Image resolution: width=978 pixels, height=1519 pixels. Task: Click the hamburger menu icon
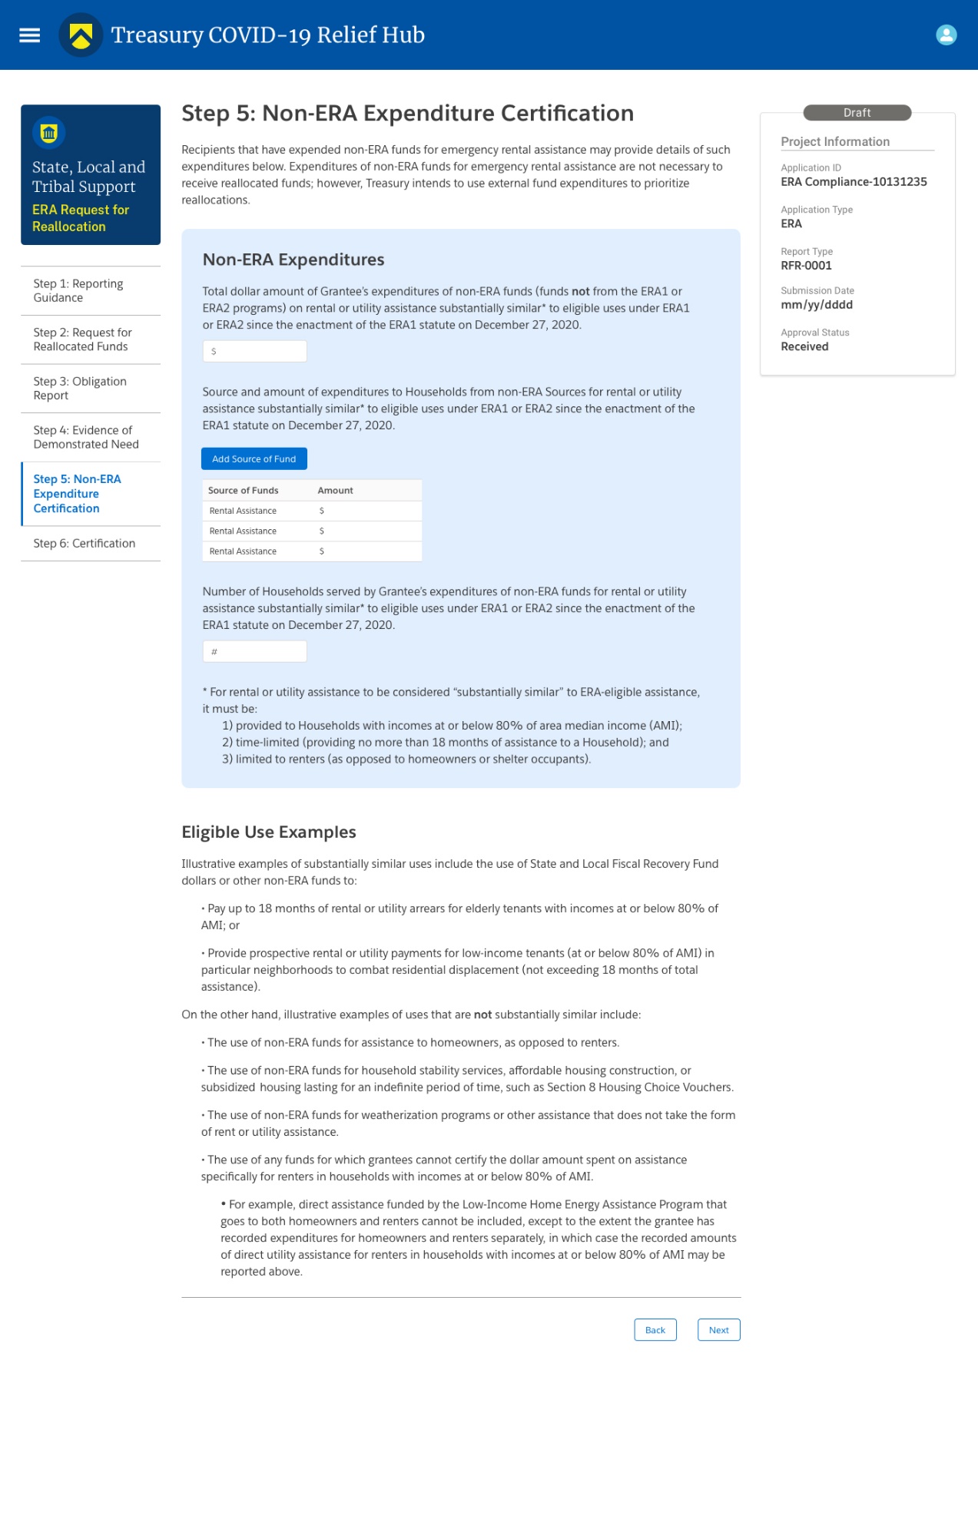(x=29, y=35)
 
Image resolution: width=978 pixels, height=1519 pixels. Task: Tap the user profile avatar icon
(x=946, y=35)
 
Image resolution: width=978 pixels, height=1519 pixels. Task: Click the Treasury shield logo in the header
(x=81, y=35)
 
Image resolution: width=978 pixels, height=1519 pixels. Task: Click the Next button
(x=718, y=1330)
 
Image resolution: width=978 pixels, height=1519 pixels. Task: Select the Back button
(x=655, y=1330)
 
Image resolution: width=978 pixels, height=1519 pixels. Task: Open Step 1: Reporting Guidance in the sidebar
(x=78, y=291)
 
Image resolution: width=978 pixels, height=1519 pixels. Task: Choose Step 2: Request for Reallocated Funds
(x=82, y=339)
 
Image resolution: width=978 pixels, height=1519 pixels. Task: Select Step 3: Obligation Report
(x=80, y=389)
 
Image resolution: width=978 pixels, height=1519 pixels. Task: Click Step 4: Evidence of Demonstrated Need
(x=86, y=437)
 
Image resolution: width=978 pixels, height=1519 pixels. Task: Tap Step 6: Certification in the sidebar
(x=85, y=544)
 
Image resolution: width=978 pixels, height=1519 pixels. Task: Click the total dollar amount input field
(x=254, y=352)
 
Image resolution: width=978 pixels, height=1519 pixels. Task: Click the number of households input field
(x=254, y=652)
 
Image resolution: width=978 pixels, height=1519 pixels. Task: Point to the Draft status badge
(x=857, y=113)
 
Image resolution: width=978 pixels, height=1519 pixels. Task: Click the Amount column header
(x=335, y=491)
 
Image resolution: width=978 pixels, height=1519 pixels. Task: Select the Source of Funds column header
(x=244, y=491)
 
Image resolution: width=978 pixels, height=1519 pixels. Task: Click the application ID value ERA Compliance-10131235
(x=854, y=182)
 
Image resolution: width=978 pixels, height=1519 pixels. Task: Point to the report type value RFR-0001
(x=806, y=266)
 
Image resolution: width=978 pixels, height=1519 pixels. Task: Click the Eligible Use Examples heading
(x=269, y=832)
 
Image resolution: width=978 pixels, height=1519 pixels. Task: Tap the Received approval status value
(x=804, y=347)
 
